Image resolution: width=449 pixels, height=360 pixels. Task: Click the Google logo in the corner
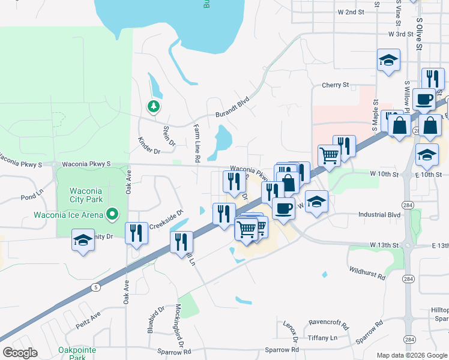click(20, 353)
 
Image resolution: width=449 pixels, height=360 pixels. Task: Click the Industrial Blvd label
click(379, 214)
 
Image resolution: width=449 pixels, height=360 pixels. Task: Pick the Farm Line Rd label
click(196, 144)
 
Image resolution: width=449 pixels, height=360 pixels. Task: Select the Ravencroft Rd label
click(328, 324)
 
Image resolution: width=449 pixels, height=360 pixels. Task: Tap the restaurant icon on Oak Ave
click(136, 232)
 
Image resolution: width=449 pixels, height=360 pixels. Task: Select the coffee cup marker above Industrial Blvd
click(283, 208)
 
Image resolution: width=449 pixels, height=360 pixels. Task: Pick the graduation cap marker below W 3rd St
click(388, 60)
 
